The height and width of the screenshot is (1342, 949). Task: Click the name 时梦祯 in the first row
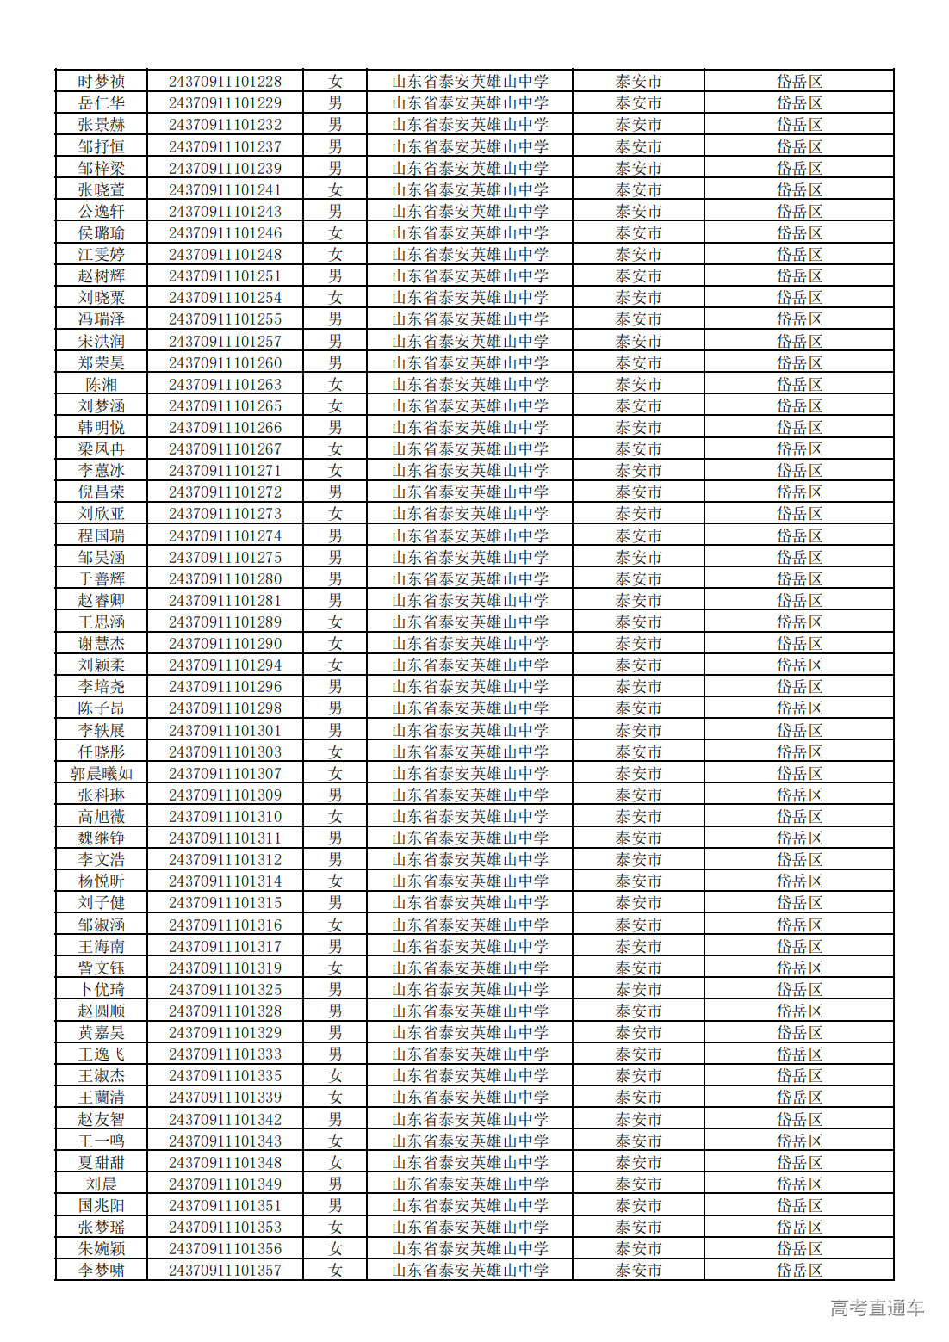[102, 82]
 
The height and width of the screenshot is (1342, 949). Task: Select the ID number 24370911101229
[225, 103]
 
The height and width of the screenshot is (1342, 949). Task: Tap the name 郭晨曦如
[102, 774]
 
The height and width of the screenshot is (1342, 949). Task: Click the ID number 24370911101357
[225, 1271]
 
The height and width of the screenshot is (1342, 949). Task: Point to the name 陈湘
[102, 385]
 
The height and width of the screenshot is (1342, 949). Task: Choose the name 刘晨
[102, 1184]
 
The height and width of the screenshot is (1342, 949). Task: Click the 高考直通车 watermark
[877, 1308]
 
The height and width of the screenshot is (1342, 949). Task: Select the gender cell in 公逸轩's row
[335, 212]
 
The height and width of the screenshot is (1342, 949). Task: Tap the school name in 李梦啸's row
[469, 1271]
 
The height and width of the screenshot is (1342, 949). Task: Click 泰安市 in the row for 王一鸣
[638, 1141]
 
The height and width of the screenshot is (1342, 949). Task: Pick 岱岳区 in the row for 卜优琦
[799, 990]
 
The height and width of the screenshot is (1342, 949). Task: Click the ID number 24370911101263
[225, 385]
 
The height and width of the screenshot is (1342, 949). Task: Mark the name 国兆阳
[102, 1206]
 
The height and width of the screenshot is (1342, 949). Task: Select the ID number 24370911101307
[225, 774]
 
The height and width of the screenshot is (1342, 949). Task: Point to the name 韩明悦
[102, 428]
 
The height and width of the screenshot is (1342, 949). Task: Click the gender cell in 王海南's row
[335, 947]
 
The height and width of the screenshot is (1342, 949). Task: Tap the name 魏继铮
[102, 838]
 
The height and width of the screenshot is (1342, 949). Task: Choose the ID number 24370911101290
[225, 644]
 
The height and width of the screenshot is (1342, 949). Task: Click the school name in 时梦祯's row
[469, 82]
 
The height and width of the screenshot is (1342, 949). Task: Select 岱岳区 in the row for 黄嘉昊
[799, 1033]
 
